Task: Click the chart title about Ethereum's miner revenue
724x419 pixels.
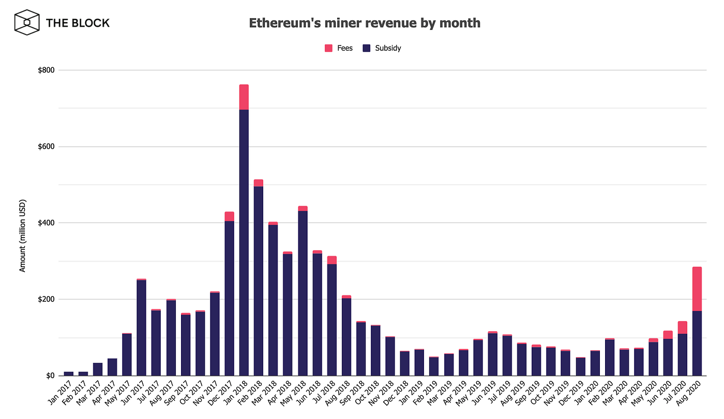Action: tap(365, 23)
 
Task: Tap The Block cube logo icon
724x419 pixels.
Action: tap(27, 23)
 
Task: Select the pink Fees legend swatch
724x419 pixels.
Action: tap(328, 48)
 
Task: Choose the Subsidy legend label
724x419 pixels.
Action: tap(388, 48)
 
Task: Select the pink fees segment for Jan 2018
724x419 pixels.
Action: tap(244, 97)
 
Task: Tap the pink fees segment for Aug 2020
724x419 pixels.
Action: tap(697, 289)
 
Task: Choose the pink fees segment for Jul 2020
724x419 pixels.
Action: tap(682, 328)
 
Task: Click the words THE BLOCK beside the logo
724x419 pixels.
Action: tap(78, 23)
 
